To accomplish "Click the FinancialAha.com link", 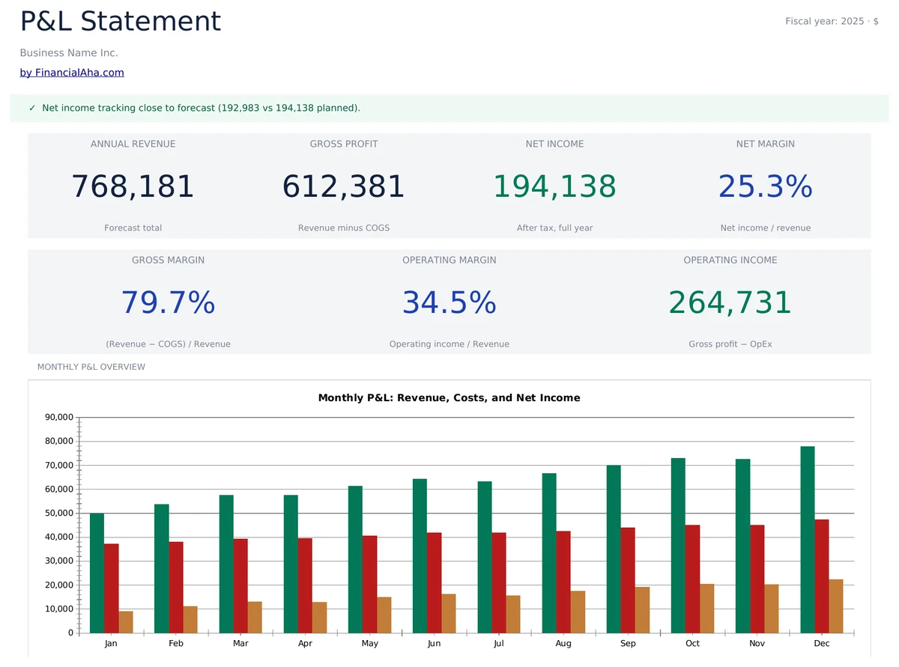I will (x=72, y=73).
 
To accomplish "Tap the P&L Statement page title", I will (x=120, y=22).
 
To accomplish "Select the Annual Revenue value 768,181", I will (x=133, y=186).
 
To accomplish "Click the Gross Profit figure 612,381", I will (x=343, y=186).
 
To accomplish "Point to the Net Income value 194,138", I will (x=554, y=186).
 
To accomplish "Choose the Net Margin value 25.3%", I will (x=765, y=186).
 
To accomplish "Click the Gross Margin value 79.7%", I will (x=168, y=302).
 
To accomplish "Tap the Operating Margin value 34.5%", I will (x=449, y=302).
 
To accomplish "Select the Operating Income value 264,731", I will (x=730, y=302).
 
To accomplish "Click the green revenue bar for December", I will (x=808, y=539).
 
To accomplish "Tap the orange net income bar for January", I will (x=126, y=622).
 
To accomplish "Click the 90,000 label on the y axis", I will (x=60, y=418).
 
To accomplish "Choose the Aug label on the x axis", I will (x=563, y=644).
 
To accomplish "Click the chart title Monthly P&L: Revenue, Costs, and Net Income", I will (x=449, y=398).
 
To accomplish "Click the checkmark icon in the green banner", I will (x=32, y=109).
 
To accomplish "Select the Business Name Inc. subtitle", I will (x=69, y=53).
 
